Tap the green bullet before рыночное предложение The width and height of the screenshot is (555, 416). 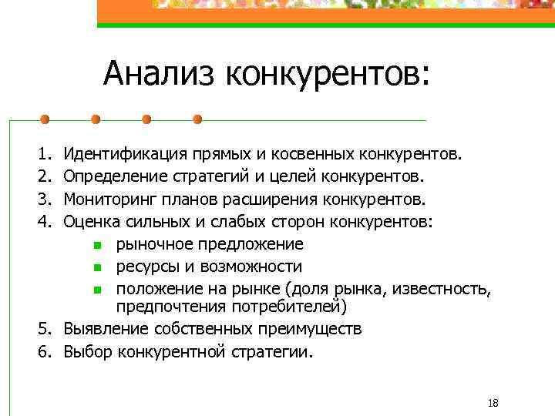tap(97, 246)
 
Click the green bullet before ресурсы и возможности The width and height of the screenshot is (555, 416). tap(97, 268)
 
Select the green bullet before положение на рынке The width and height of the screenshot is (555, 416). tap(97, 290)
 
